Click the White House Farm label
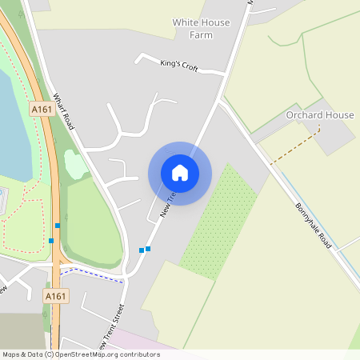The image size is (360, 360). coord(199,29)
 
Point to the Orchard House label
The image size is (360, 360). coord(320,115)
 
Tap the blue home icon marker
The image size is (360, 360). coord(180,173)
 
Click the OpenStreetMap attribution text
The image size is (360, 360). coord(80,354)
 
